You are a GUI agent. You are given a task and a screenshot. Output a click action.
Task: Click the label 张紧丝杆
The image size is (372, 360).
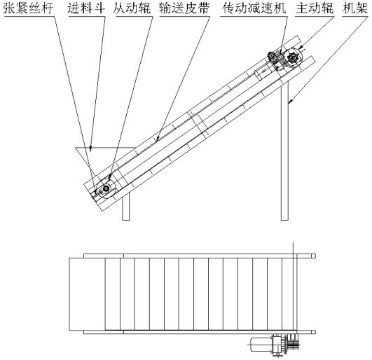[x=28, y=8]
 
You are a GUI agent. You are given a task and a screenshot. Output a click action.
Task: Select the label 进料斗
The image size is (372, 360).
[x=86, y=8]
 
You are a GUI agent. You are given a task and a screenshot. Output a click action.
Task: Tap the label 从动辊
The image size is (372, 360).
[x=132, y=8]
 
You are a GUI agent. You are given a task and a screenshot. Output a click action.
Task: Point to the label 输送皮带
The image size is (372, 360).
[x=184, y=8]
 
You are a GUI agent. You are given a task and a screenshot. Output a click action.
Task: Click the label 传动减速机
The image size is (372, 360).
[x=254, y=8]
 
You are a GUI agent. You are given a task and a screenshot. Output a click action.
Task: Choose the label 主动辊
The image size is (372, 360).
[x=315, y=8]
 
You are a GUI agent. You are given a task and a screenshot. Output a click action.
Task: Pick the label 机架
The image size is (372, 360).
[x=354, y=8]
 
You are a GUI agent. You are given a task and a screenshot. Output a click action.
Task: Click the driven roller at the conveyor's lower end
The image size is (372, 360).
[x=106, y=188]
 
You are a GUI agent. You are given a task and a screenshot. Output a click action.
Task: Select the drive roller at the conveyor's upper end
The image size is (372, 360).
[x=293, y=57]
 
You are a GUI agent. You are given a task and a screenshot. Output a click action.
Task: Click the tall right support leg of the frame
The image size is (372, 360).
[x=284, y=152]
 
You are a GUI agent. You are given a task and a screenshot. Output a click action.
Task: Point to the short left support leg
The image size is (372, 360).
[x=126, y=207]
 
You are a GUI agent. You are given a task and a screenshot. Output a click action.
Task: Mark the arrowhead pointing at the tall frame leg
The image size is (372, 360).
[x=290, y=102]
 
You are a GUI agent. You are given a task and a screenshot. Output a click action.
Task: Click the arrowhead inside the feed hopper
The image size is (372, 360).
[x=90, y=148]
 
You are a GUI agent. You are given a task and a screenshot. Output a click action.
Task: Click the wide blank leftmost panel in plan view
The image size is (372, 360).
[x=87, y=294]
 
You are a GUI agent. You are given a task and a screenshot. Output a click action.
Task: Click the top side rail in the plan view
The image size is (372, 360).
[x=200, y=256]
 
